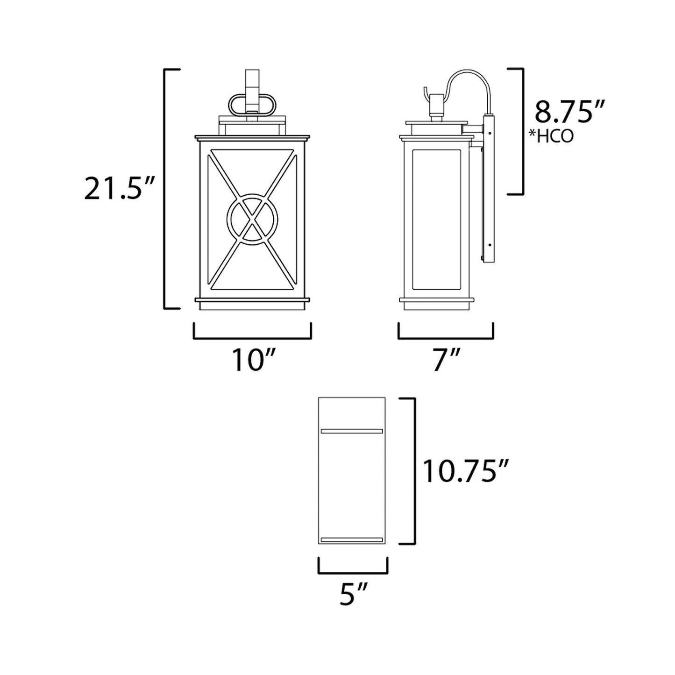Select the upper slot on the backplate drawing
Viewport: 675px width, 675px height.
point(352,431)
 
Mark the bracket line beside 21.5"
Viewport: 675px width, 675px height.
point(165,189)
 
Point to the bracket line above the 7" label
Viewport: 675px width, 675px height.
point(446,338)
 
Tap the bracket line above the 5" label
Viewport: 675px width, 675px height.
point(353,572)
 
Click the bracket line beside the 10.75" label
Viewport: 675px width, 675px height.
point(414,471)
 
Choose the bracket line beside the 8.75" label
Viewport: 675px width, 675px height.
point(522,131)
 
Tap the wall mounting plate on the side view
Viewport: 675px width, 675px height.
point(489,187)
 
